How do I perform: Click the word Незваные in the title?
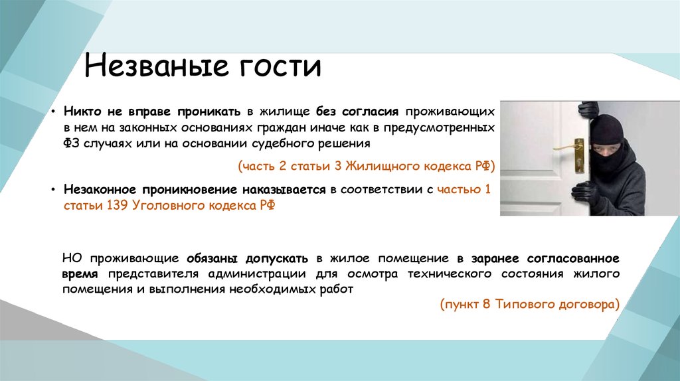[156, 66]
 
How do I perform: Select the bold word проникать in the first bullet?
[209, 112]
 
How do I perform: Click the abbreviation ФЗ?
[71, 143]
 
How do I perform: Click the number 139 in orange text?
[116, 205]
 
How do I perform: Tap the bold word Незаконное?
[101, 190]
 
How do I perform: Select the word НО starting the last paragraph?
[72, 259]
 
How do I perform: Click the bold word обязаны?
[212, 259]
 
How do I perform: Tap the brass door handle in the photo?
[572, 150]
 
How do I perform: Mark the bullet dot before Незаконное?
[53, 190]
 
